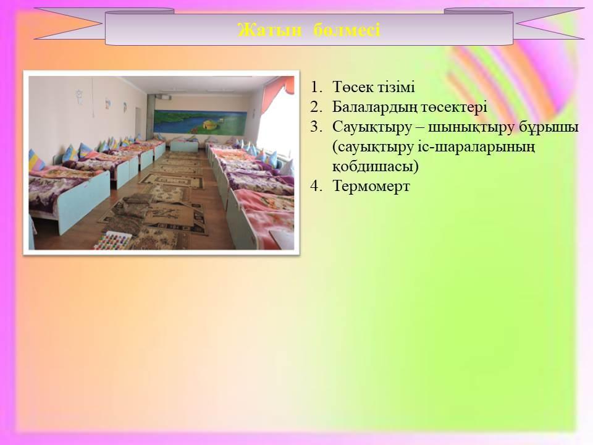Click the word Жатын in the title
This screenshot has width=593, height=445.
(x=270, y=30)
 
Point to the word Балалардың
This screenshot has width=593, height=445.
(x=375, y=108)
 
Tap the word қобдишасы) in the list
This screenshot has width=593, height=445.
(x=376, y=166)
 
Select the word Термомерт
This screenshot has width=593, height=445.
(x=371, y=186)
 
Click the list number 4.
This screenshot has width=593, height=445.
(x=316, y=186)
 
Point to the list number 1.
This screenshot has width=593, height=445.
(x=316, y=87)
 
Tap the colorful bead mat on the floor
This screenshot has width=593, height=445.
(x=114, y=240)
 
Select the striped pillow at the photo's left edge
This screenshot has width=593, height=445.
(x=36, y=160)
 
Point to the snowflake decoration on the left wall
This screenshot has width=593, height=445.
(x=79, y=97)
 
